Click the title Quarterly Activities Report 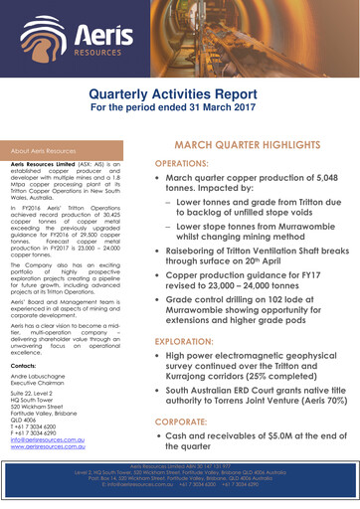tap(179, 92)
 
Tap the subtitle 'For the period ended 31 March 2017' tap(179, 107)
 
